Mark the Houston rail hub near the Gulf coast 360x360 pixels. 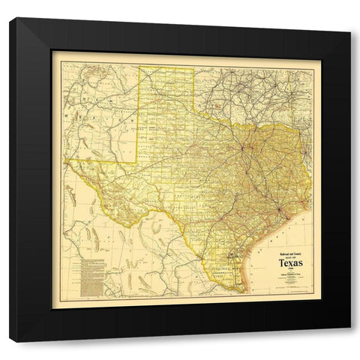[x=278, y=208]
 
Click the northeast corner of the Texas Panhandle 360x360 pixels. [x=192, y=67]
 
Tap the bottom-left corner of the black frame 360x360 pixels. [x=10, y=342]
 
